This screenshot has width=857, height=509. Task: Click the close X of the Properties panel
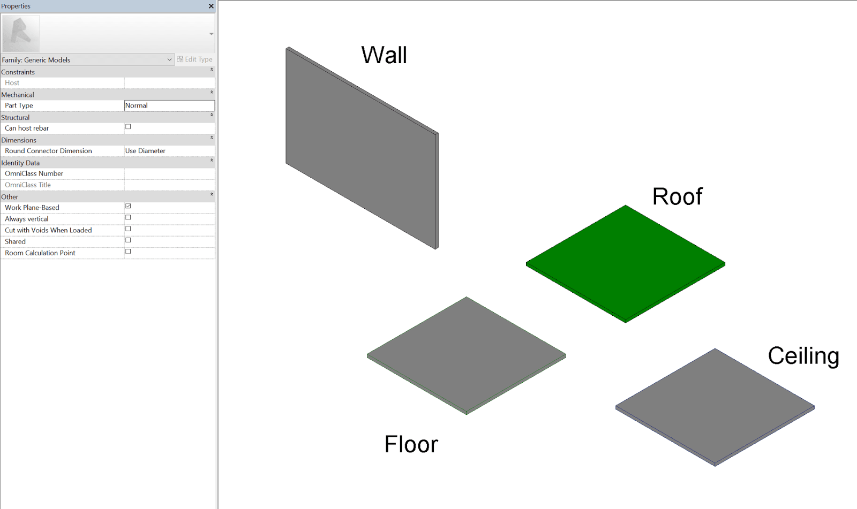211,6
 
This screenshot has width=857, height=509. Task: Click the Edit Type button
195,59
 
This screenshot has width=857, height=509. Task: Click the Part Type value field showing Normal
169,105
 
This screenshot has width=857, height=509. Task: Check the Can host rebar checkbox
128,126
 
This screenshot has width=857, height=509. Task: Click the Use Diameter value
145,151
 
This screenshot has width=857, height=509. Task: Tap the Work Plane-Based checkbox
128,206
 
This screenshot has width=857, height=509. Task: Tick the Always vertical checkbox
128,218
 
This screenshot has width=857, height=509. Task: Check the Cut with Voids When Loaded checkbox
128,229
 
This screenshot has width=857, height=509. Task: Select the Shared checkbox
128,240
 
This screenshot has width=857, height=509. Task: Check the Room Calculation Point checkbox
128,252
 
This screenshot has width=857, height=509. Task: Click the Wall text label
384,55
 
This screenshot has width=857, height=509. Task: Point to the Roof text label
677,196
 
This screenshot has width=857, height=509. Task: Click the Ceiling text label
803,356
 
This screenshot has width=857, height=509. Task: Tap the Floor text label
411,444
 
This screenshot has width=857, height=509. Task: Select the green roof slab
626,263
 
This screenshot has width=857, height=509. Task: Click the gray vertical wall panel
362,148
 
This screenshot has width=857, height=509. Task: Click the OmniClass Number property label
34,173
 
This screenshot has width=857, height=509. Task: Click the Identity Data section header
20,163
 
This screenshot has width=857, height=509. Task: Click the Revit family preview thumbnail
21,34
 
